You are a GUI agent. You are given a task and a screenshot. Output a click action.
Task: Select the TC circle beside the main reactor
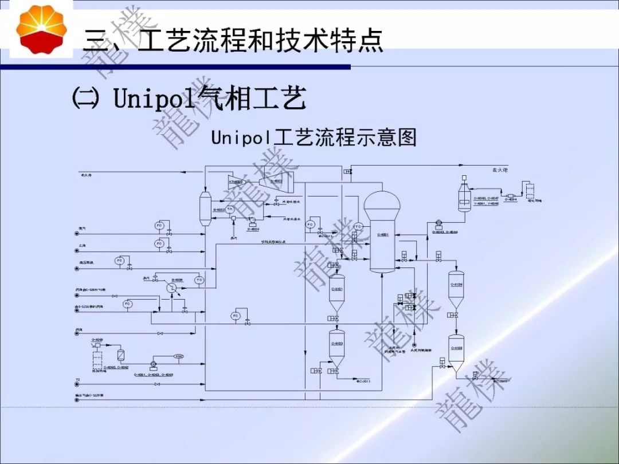click(x=358, y=226)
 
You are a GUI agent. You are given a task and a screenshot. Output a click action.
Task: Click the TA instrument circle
click(x=230, y=210)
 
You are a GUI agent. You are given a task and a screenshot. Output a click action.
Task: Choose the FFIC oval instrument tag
click(x=179, y=357)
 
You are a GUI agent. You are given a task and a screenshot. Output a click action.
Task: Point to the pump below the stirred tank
click(x=439, y=222)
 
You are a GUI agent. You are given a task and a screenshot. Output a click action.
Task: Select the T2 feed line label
click(x=77, y=380)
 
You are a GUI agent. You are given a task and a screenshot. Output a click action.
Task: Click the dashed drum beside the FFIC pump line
click(x=97, y=358)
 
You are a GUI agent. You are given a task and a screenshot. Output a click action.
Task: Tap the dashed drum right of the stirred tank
click(x=528, y=189)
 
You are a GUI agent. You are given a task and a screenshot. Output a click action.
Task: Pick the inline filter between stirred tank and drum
click(x=511, y=196)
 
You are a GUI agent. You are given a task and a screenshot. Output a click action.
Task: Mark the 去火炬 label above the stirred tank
click(x=500, y=170)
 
